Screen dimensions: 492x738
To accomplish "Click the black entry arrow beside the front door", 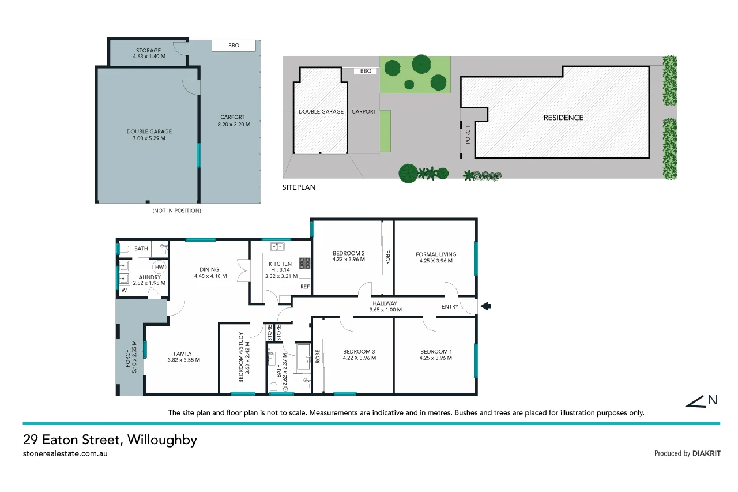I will [485, 306].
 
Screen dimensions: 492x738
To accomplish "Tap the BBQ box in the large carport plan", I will [234, 46].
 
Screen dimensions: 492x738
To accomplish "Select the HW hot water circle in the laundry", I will [160, 267].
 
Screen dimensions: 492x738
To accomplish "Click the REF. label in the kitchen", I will [305, 287].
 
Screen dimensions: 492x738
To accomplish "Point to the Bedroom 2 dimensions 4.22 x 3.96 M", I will [349, 260].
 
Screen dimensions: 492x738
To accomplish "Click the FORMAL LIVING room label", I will [436, 254].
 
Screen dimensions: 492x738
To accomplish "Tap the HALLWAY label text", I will [384, 303].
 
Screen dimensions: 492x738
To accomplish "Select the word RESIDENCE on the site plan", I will [563, 118].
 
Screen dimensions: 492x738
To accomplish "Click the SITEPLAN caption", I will [299, 187].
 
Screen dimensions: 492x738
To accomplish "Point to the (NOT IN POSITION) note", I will [176, 211].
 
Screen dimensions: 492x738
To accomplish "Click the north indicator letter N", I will [713, 399].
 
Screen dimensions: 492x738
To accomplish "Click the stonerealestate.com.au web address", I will [66, 453].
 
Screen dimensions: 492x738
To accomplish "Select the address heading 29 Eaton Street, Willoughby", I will [110, 440].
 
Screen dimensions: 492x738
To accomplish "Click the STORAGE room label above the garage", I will [149, 50].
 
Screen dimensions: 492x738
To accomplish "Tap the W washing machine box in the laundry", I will [123, 291].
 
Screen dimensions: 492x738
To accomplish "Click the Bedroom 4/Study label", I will [242, 358].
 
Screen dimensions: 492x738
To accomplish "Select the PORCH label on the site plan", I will [468, 134].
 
